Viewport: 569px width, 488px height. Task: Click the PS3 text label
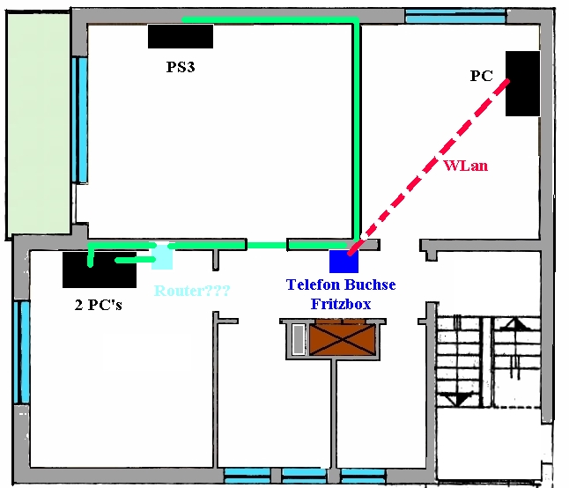[181, 67]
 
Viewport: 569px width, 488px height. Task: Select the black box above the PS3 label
[181, 36]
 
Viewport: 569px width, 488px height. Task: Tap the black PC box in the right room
[522, 84]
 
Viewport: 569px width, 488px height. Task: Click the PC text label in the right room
[482, 76]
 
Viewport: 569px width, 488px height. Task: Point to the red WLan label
[466, 166]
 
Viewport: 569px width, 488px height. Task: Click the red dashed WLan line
[429, 166]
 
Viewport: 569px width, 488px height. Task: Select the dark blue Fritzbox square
[344, 261]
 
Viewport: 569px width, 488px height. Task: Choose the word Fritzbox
[341, 304]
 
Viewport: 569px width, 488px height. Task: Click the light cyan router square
[162, 256]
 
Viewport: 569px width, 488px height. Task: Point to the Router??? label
[192, 291]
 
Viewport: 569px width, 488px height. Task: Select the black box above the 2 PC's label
[100, 270]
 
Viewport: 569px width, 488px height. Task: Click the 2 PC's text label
[99, 305]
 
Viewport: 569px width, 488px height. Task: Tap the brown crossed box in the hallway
[342, 340]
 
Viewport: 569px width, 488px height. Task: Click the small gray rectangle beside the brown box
[299, 340]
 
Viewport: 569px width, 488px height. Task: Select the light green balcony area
[39, 124]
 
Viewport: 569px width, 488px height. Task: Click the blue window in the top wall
[455, 17]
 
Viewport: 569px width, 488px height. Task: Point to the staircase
[489, 362]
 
